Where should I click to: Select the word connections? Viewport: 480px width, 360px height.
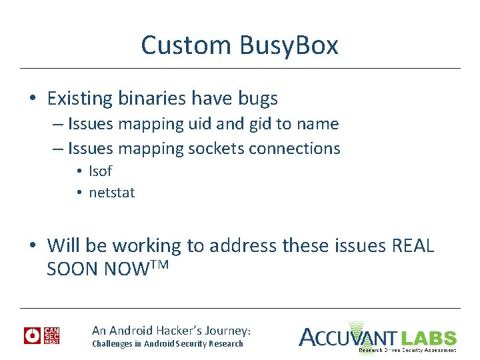click(x=294, y=148)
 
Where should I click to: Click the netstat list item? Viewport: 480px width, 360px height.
click(x=112, y=193)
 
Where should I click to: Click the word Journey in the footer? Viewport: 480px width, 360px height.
click(x=226, y=330)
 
